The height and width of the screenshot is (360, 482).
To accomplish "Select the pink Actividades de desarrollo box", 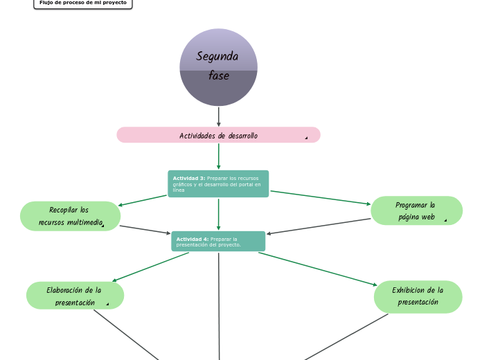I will point(218,135).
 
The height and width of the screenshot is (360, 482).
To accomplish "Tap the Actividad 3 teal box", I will point(218,183).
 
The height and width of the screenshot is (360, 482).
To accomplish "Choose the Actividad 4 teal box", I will point(218,241).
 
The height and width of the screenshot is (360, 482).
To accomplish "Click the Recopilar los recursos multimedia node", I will point(70,216).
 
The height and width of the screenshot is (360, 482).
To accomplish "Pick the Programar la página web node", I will point(416,210).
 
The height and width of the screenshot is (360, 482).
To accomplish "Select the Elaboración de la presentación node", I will point(75,296).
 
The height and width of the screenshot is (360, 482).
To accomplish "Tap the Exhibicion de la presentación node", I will point(418,296).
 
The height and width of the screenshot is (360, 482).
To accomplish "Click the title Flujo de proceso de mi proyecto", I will point(82,3).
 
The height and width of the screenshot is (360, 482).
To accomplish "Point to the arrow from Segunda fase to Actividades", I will point(219,116).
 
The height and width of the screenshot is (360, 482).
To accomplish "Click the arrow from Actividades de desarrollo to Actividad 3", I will point(219,156).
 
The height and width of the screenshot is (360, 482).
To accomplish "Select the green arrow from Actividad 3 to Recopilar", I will point(143,201).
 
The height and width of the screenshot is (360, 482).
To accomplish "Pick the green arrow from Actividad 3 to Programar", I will point(320,198).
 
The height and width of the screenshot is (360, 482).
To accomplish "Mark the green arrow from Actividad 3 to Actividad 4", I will point(219,214).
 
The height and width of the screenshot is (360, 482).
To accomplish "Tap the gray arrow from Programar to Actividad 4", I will point(319,226).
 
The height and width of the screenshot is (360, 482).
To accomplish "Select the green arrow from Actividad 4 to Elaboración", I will point(150,267).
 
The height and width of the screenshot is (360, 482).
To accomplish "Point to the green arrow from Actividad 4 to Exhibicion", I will point(318,269).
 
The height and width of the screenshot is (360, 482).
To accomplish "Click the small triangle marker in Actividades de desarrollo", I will point(305,138).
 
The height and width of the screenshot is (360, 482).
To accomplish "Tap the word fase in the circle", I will point(219,75).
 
